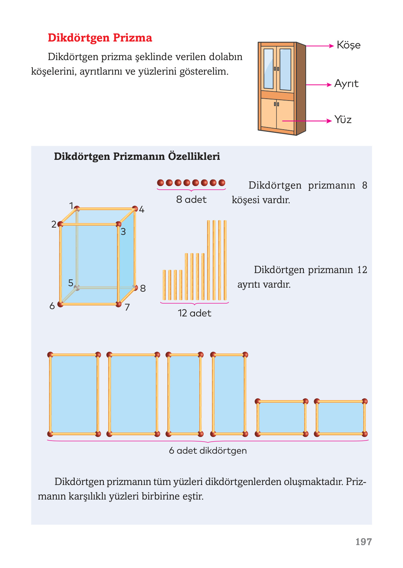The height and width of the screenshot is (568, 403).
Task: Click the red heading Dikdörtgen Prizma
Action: click(x=100, y=38)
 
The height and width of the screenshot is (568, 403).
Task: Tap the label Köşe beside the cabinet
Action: click(x=348, y=45)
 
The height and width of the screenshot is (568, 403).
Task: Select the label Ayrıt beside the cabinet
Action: click(x=346, y=84)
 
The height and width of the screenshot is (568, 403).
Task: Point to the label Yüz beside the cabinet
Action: click(x=343, y=120)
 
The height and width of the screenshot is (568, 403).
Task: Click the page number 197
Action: click(x=363, y=542)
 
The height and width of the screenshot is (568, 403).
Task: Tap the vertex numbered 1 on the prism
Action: click(x=71, y=206)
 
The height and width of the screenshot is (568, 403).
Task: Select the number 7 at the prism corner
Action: click(x=127, y=307)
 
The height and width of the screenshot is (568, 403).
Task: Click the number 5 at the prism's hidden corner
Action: click(x=71, y=283)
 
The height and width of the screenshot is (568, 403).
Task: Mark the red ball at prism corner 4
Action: click(x=135, y=209)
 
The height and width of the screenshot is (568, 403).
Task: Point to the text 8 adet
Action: click(x=191, y=200)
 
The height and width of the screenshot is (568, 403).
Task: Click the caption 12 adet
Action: click(x=194, y=313)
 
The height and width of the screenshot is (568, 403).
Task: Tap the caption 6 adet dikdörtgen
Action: click(x=208, y=451)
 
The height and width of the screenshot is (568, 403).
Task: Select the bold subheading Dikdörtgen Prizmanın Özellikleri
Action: click(x=137, y=157)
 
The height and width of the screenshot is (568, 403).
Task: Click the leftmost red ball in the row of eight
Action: click(x=160, y=183)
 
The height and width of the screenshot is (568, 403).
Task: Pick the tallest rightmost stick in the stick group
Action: click(x=225, y=260)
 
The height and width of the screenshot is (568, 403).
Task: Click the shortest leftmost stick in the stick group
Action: click(x=164, y=285)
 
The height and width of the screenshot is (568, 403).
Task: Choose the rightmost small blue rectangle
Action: click(x=341, y=418)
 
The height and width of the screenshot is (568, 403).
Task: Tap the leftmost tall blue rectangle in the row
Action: click(x=74, y=394)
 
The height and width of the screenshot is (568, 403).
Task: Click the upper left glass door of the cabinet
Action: click(x=268, y=68)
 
